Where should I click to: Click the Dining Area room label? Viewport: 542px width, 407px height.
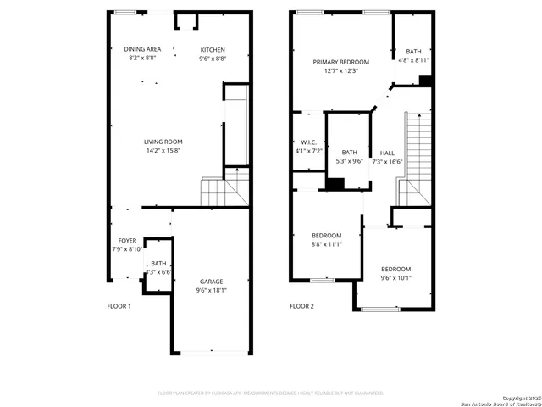click(x=142, y=49)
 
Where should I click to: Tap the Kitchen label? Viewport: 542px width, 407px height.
click(x=212, y=49)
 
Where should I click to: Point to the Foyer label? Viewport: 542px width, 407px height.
click(x=126, y=241)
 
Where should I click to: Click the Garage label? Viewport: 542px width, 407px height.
click(x=212, y=282)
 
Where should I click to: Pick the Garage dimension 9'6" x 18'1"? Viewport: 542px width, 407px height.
click(x=212, y=291)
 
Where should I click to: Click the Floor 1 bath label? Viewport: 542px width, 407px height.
click(x=158, y=264)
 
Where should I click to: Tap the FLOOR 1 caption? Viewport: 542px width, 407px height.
click(x=119, y=306)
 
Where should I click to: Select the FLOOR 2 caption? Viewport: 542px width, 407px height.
click(x=301, y=306)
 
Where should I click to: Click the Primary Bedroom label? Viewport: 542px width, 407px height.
click(x=341, y=62)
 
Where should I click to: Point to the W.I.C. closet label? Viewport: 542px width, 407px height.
click(x=308, y=142)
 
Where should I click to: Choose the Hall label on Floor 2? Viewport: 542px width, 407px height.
click(x=387, y=153)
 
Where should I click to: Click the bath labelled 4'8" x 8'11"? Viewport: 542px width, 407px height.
click(x=412, y=52)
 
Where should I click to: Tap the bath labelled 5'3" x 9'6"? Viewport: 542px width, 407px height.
click(x=350, y=153)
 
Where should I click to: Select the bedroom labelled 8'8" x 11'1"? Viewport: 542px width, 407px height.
click(x=326, y=235)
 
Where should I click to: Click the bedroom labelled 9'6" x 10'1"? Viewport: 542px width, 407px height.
click(x=395, y=269)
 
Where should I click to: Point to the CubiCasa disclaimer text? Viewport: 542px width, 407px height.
click(x=271, y=393)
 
